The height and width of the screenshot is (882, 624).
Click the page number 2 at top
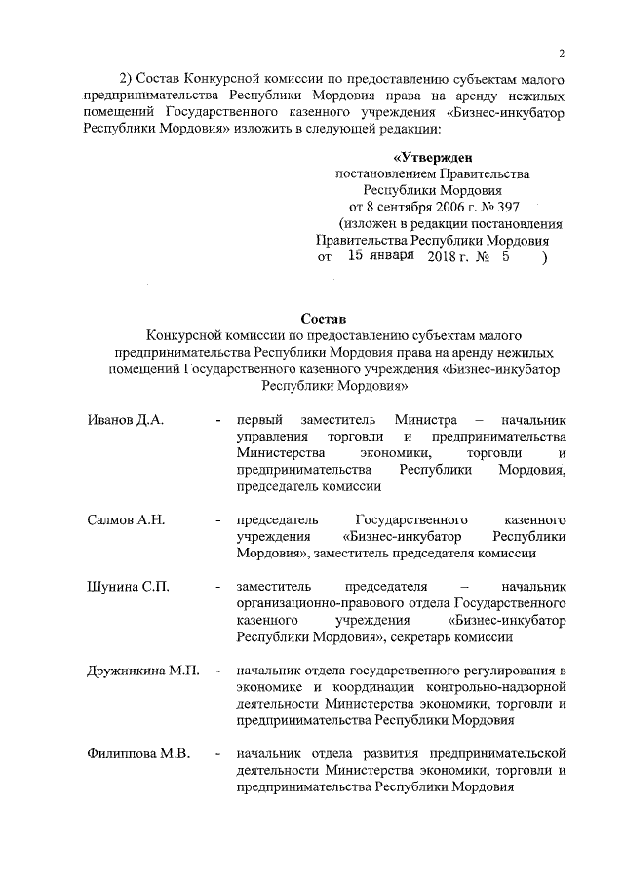pos(563,52)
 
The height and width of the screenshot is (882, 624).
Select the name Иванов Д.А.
pos(124,419)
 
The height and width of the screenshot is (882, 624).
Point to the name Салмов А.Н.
pos(126,519)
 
